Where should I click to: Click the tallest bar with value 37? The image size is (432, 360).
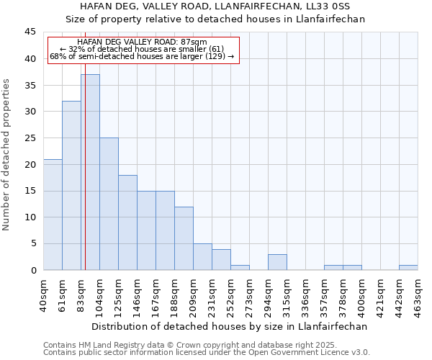[x=90, y=172]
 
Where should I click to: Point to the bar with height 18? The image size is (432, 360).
[x=127, y=222]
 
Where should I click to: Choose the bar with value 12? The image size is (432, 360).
[x=184, y=238]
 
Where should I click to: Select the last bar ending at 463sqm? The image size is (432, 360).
[x=408, y=268]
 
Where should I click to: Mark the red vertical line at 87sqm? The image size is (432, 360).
[x=85, y=180]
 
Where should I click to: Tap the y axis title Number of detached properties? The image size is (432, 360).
[x=7, y=155]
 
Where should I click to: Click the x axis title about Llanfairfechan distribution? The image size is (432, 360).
[x=230, y=326]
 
